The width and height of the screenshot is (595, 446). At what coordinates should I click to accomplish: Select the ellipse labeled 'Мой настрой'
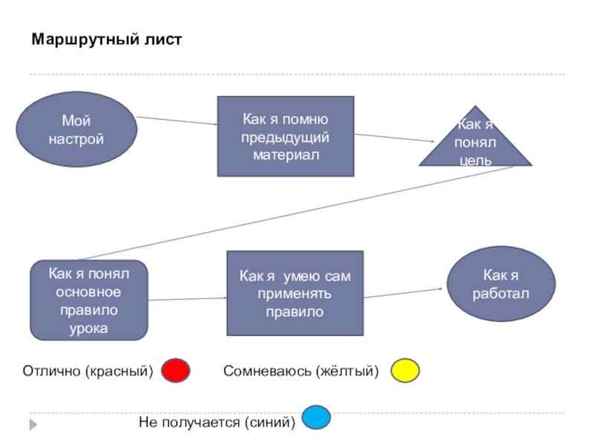[x=77, y=129]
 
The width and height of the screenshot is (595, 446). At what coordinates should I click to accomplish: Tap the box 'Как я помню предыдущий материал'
[x=285, y=137]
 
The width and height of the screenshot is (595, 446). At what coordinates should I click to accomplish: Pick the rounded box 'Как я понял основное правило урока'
[x=89, y=300]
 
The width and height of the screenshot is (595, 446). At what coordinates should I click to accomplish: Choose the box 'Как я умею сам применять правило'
[x=295, y=293]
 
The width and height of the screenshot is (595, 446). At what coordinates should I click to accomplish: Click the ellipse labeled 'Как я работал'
[x=501, y=284]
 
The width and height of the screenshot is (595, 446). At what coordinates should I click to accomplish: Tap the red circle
[x=176, y=370]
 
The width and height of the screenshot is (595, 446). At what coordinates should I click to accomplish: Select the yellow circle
[x=405, y=370]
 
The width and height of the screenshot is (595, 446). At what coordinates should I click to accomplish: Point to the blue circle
[x=316, y=417]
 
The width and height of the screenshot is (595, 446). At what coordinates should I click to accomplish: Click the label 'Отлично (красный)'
[x=88, y=370]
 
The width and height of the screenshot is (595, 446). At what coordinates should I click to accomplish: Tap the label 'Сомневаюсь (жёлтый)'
[x=301, y=370]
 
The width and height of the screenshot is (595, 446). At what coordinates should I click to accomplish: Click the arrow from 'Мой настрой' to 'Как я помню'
[x=176, y=121]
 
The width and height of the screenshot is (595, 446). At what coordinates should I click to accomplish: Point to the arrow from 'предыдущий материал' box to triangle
[x=394, y=138]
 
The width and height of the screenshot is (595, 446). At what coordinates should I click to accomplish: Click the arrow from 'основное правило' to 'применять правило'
[x=187, y=299]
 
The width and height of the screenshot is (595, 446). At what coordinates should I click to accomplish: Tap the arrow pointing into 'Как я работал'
[x=405, y=292]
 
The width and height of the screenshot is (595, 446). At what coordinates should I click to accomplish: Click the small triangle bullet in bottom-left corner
[x=33, y=424]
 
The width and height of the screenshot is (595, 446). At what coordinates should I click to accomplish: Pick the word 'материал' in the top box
[x=285, y=155]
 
